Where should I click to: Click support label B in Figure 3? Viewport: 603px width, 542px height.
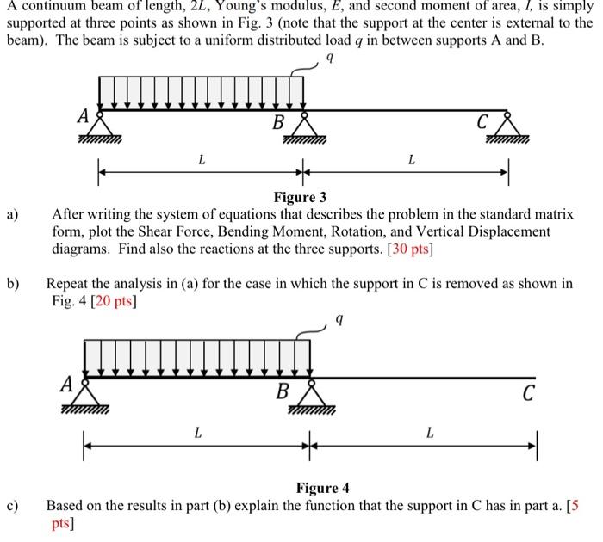pos(278,121)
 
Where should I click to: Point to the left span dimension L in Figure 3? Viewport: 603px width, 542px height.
pos(202,159)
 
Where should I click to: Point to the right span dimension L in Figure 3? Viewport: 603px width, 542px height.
pos(412,159)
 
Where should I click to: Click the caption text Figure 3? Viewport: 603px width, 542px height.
pos(300,198)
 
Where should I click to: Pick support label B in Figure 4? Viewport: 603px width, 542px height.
pos(283,393)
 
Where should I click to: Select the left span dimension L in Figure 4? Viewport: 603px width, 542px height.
pos(197,433)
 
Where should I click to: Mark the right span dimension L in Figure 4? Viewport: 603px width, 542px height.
pos(430,433)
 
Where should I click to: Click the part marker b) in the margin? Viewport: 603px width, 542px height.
pos(13,283)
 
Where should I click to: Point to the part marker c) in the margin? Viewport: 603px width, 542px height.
pos(13,505)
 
